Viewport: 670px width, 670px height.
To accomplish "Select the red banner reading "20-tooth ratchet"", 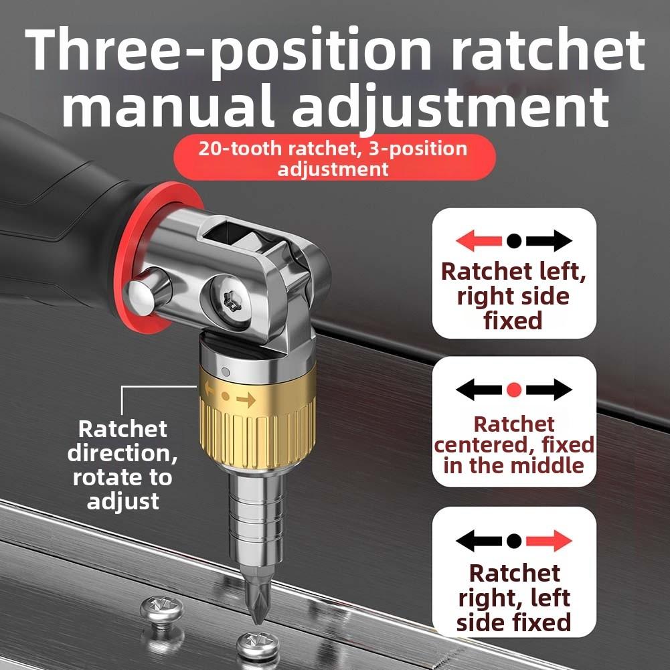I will tap(333, 157).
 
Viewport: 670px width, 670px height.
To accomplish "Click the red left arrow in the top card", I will tap(477, 241).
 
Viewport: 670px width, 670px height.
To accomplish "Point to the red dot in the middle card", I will tap(514, 390).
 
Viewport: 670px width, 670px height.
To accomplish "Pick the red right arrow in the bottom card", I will tap(550, 540).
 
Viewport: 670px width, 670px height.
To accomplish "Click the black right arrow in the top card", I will tap(550, 241).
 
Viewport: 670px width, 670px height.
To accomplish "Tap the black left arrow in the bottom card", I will tap(478, 540).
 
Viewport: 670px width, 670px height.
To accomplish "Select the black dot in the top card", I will tap(514, 241).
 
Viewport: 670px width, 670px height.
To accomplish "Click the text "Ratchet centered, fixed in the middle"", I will tap(513, 444).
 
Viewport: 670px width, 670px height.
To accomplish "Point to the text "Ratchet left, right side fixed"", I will tap(513, 296).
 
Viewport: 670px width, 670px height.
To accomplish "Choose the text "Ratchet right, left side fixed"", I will tap(513, 597).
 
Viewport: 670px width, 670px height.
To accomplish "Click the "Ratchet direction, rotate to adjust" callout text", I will tap(122, 465).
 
